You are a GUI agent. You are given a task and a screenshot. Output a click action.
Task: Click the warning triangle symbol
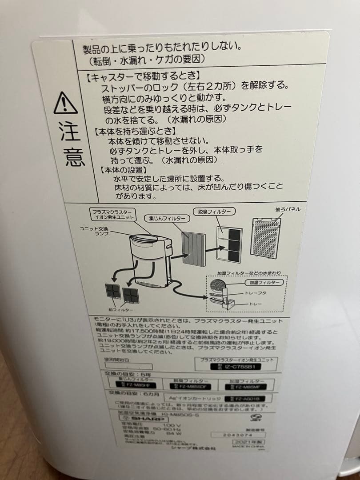pos(66,103)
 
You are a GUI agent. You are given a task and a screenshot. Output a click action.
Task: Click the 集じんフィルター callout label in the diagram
pos(166,219)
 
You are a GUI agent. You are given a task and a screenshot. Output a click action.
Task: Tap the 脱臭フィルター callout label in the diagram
pos(212,212)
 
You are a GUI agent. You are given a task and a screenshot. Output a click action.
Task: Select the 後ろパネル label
pos(288,209)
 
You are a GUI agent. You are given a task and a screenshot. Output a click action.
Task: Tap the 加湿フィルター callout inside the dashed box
pos(262,283)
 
